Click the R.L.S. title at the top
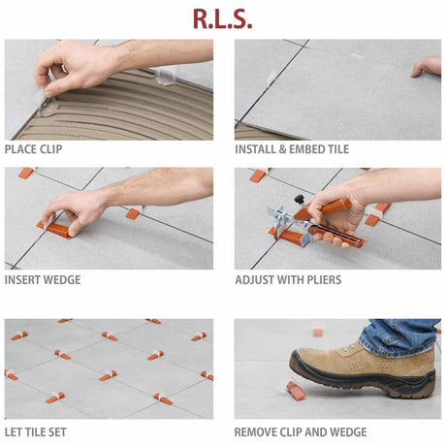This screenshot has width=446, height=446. pyautogui.click(x=222, y=18)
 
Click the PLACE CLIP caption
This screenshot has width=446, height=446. pyautogui.click(x=35, y=149)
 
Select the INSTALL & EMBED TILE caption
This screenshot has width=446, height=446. pyautogui.click(x=291, y=149)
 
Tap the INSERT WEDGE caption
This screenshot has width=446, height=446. pyautogui.click(x=43, y=280)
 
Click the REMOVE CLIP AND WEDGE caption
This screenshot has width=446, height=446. pyautogui.click(x=301, y=431)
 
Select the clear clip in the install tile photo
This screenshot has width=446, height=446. pyautogui.click(x=358, y=56)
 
